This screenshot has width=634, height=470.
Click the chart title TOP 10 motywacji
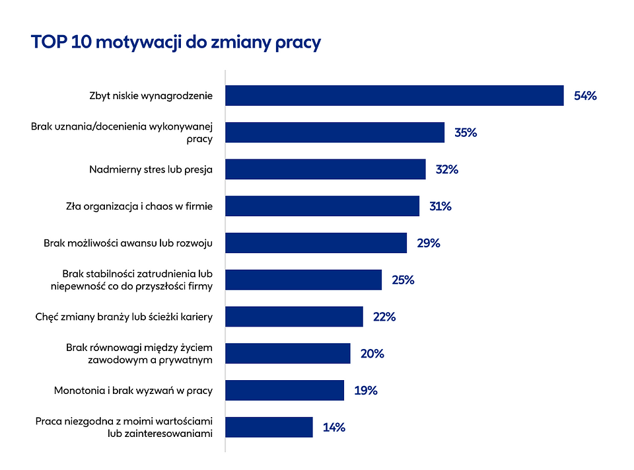175,42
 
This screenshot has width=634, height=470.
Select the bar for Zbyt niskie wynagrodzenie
394,95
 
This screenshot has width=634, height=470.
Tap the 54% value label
585,96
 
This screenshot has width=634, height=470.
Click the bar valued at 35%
335,132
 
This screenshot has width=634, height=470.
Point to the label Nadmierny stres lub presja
151,169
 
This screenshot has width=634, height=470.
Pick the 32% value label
446,169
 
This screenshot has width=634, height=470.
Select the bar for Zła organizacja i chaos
322,206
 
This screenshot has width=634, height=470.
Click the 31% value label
440,206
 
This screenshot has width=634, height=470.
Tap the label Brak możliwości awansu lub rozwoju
128,243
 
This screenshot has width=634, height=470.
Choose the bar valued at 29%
316,243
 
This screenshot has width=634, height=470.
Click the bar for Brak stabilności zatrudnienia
303,280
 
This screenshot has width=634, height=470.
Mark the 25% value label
403,280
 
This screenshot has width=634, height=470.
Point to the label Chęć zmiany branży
123,317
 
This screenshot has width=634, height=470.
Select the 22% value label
384,317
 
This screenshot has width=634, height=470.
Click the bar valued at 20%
287,353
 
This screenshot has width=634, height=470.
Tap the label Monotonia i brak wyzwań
133,391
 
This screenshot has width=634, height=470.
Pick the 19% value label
365,391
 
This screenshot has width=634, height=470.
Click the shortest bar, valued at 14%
269,427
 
